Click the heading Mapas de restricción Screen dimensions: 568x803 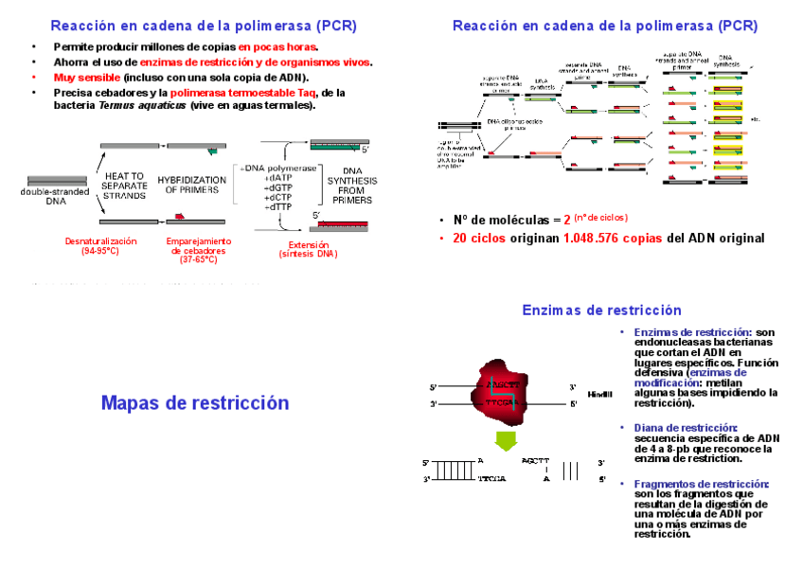[194, 403]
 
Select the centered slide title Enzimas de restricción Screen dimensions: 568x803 [601, 311]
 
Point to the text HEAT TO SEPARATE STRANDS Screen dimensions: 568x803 [124, 186]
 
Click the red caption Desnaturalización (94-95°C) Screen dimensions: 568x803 [100, 246]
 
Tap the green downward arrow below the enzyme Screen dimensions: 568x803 [508, 439]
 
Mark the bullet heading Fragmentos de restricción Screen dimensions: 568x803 [701, 484]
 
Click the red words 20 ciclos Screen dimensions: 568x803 [479, 238]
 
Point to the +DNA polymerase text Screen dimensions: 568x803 [280, 168]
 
